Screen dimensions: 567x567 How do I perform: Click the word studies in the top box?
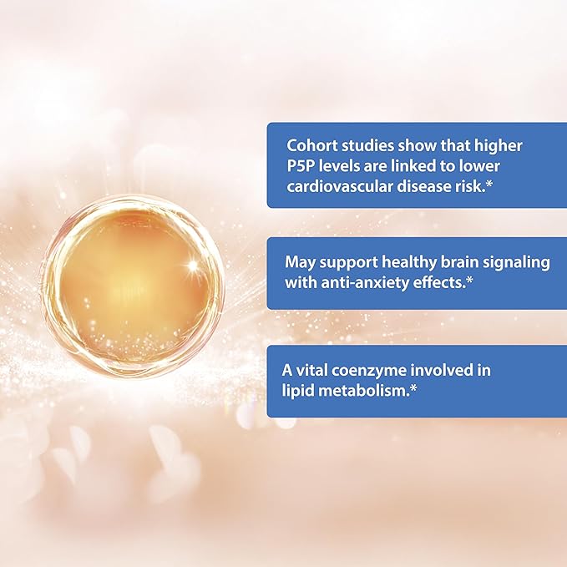(359, 146)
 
